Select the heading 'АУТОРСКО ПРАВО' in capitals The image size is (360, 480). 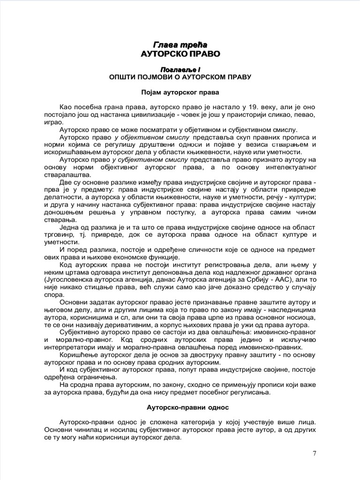(180, 54)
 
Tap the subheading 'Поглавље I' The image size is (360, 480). (180, 69)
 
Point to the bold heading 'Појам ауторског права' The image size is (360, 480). (180, 92)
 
